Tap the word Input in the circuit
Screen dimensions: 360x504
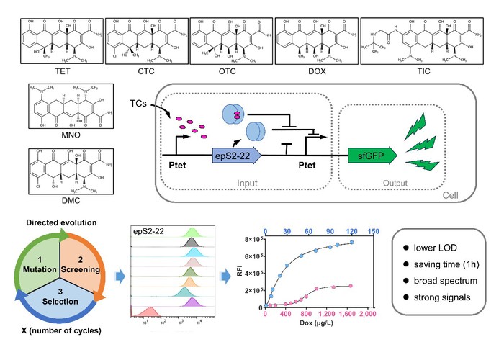click(245, 183)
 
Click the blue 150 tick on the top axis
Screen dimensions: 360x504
click(374, 231)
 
